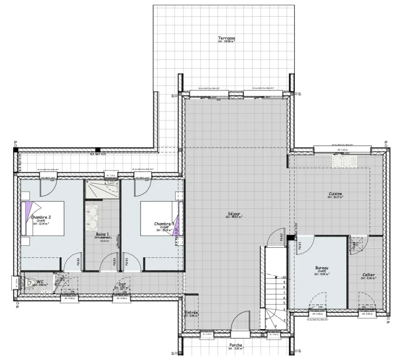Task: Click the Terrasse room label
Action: (x=226, y=39)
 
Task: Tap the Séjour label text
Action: (x=234, y=214)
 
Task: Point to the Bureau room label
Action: (x=322, y=268)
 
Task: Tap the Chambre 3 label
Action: (x=164, y=224)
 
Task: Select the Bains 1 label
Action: (x=102, y=234)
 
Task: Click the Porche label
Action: (x=236, y=345)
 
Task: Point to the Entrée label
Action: (x=191, y=313)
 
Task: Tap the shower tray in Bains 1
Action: (x=102, y=189)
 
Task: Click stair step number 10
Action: (x=284, y=278)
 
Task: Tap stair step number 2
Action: (x=275, y=326)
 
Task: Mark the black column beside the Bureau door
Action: (x=290, y=238)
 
